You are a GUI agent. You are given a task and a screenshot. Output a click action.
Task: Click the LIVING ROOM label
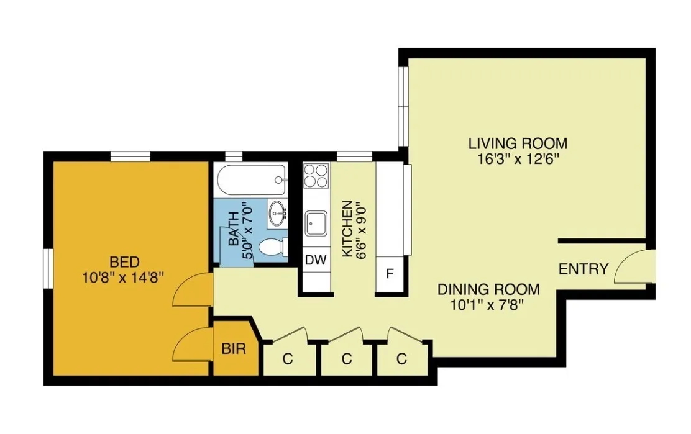pos(518,143)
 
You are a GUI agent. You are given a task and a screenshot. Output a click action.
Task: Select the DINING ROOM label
pos(488,289)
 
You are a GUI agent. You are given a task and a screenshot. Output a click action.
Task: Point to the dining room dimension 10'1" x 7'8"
pos(488,305)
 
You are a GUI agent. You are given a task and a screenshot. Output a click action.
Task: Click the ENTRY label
pos(583,269)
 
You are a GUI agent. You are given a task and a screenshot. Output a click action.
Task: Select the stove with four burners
pos(316,174)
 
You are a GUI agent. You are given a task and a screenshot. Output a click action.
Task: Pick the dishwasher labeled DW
pos(316,260)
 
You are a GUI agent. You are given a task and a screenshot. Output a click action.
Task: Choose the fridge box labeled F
pos(390,273)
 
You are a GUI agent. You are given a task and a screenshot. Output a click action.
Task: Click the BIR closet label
pos(234,349)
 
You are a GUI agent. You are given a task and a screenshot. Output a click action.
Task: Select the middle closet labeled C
pos(347,358)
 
